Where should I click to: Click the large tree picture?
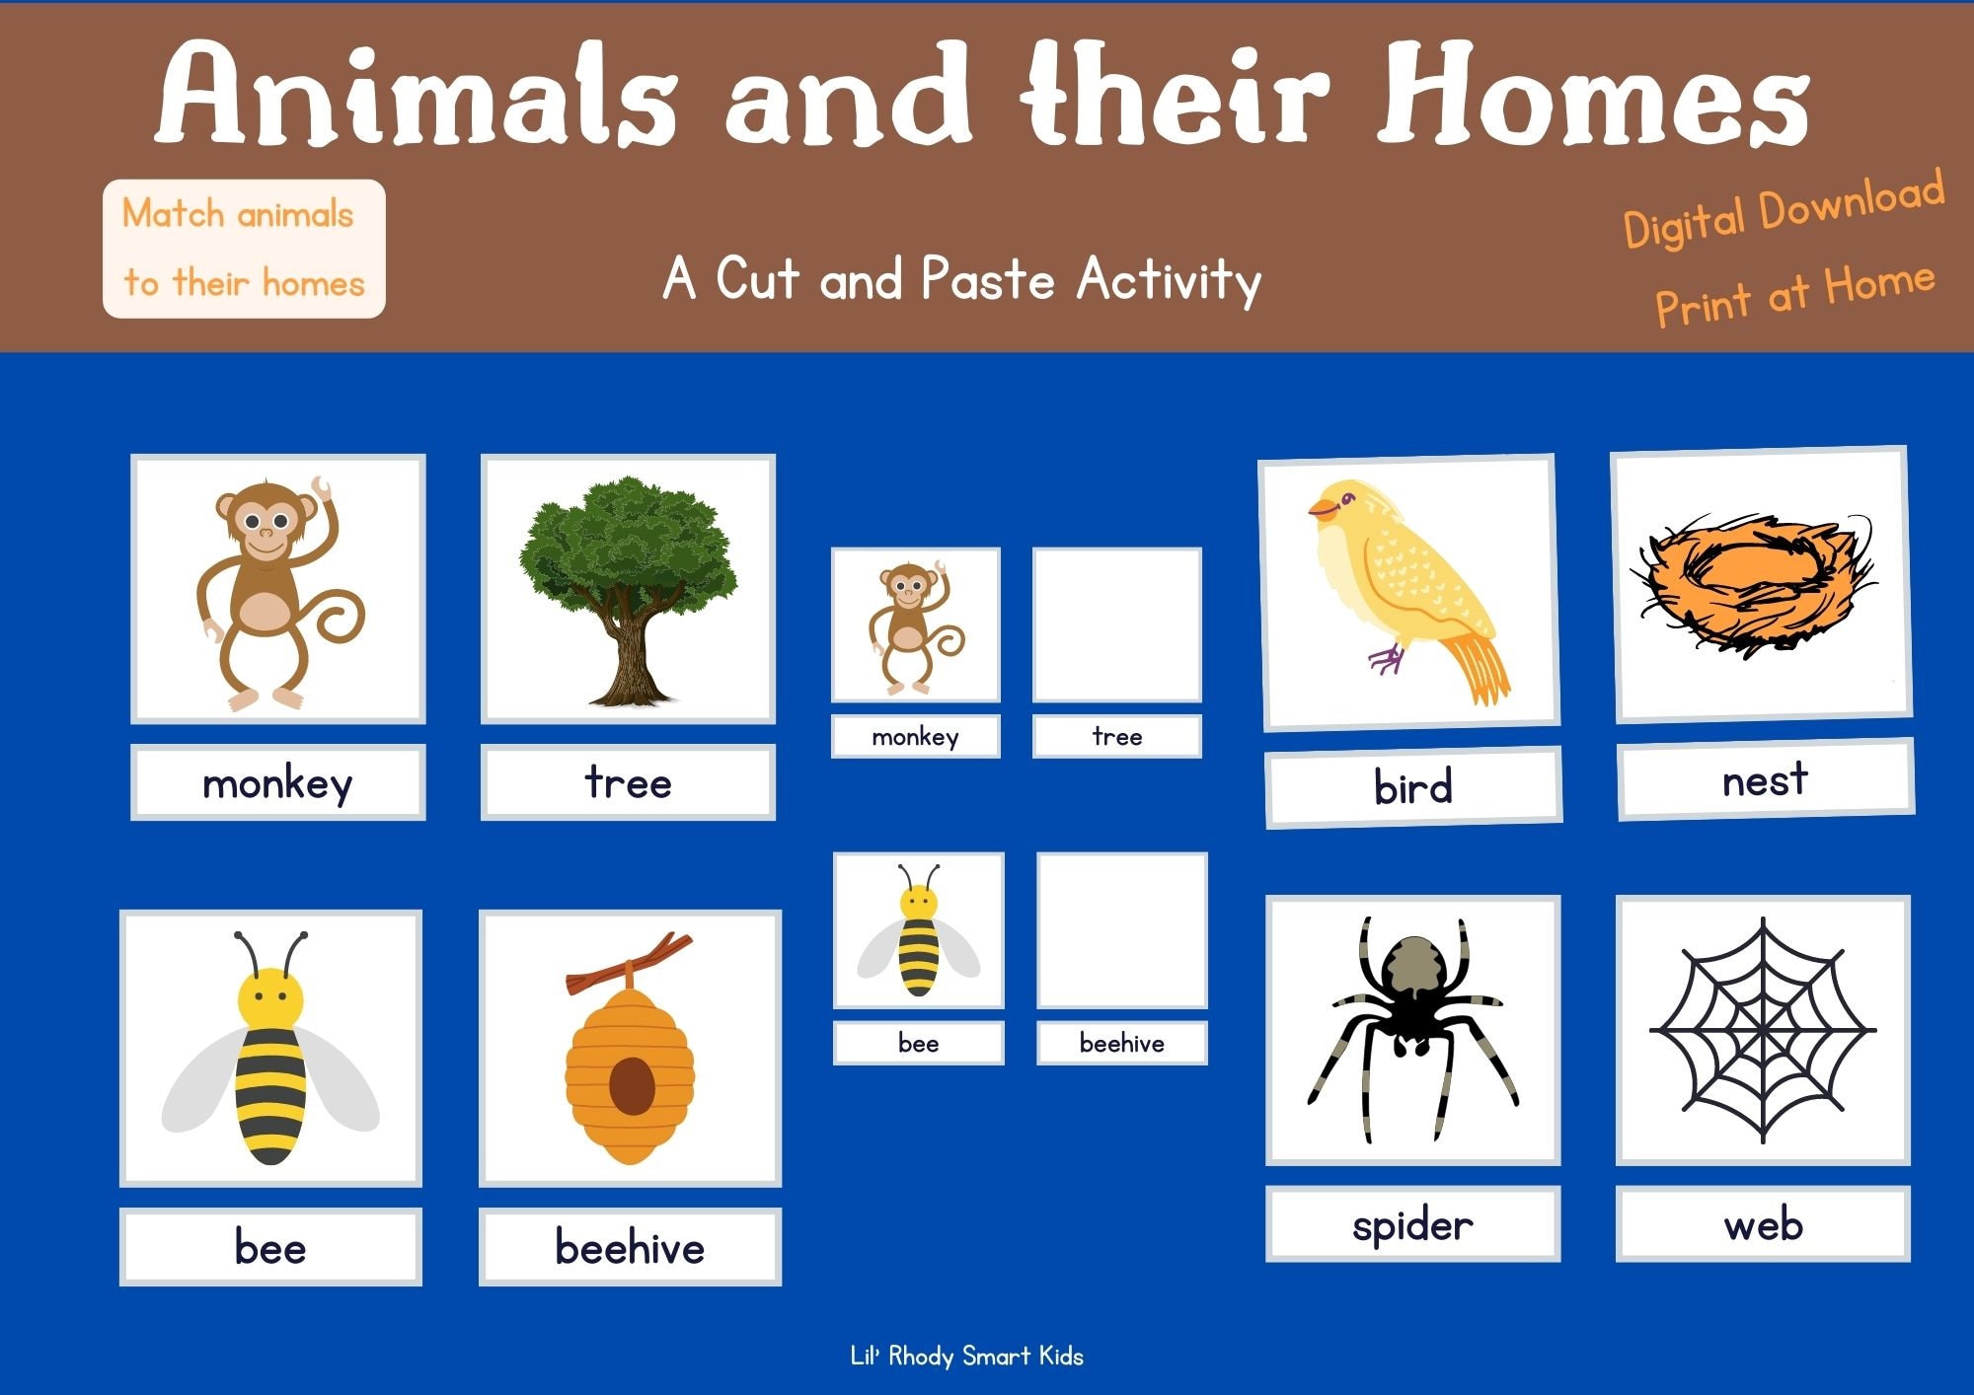[x=628, y=589]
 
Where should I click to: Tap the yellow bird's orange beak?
[x=1321, y=509]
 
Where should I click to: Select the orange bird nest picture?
[x=1758, y=585]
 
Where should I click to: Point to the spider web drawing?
[x=1763, y=1029]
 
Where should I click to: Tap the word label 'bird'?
[x=1412, y=787]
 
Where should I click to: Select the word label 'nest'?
[x=1765, y=779]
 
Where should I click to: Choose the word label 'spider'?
[x=1412, y=1225]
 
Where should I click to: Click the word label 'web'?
[x=1763, y=1225]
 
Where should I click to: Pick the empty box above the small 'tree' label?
[x=1116, y=624]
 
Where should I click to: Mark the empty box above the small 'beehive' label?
[x=1121, y=930]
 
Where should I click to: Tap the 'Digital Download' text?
[x=1784, y=210]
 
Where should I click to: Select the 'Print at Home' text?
[x=1794, y=293]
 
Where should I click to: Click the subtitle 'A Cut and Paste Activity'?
[x=962, y=279]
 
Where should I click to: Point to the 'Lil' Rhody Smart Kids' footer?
[x=966, y=1357]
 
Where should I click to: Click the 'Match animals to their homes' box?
[x=244, y=249]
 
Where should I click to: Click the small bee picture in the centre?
[x=918, y=930]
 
